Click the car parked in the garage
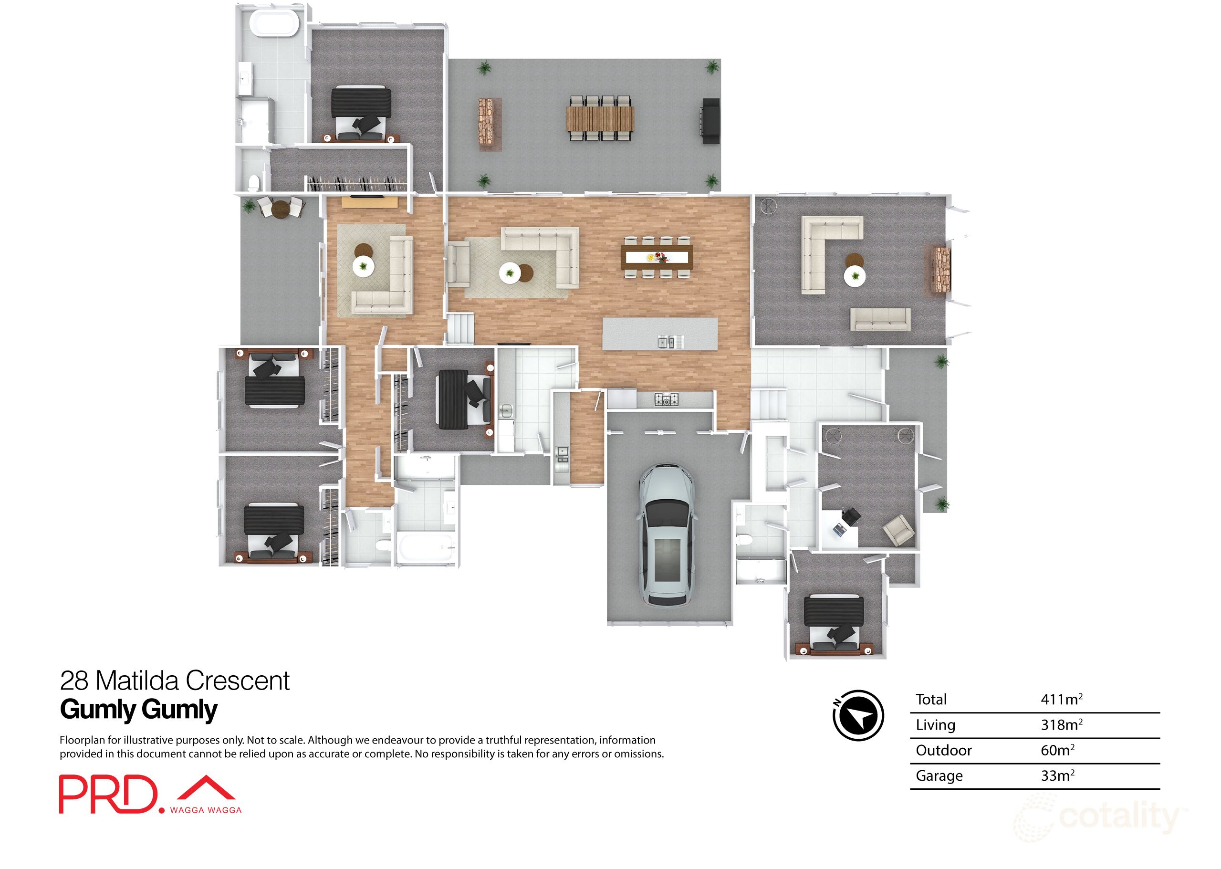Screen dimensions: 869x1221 667,535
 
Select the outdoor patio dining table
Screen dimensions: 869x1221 600,119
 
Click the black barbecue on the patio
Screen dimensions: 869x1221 710,121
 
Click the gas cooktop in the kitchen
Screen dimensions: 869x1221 667,398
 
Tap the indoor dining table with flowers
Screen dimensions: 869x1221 657,257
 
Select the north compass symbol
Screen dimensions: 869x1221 858,715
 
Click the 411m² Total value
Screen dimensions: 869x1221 1061,700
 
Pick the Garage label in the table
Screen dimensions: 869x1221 939,776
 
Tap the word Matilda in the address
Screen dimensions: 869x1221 138,681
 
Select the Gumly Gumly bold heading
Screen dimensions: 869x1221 138,710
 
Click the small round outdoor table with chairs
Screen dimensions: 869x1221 280,208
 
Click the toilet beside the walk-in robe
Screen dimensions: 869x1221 254,184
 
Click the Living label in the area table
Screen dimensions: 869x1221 935,725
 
